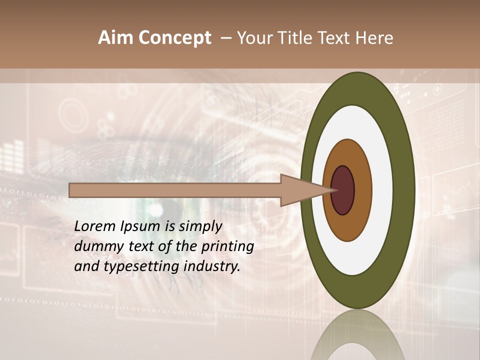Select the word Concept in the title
[175, 38]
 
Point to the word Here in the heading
[375, 38]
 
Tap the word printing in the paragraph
[227, 246]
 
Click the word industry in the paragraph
[212, 266]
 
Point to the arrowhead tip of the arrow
[334, 190]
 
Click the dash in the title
[226, 38]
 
